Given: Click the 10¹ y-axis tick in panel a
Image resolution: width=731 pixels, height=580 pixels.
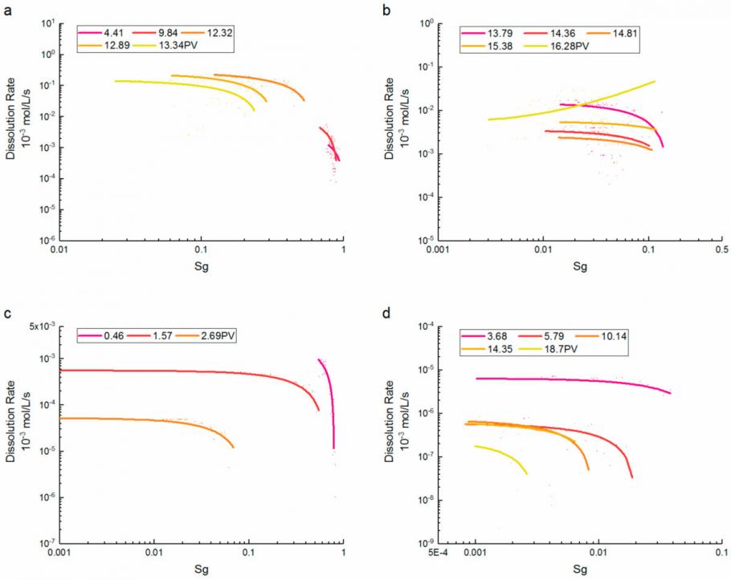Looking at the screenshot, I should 47,24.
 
